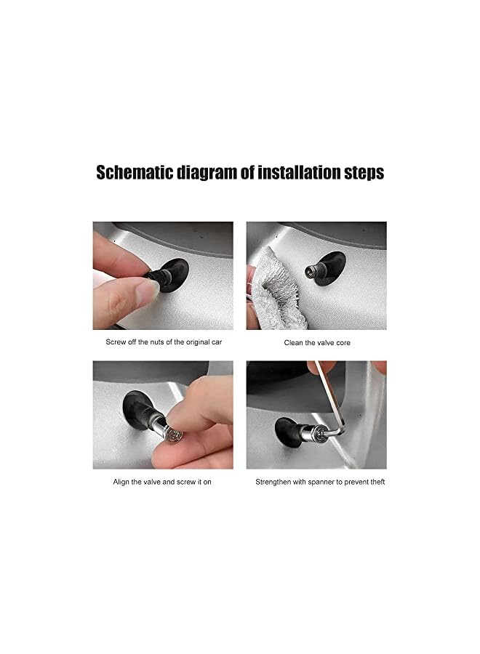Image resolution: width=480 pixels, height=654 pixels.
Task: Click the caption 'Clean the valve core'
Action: pyautogui.click(x=316, y=342)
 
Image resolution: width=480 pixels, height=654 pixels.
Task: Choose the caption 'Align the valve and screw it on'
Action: pyautogui.click(x=162, y=482)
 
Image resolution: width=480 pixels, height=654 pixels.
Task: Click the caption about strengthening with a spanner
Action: pyautogui.click(x=320, y=482)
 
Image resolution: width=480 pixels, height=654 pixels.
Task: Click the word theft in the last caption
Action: pyautogui.click(x=376, y=482)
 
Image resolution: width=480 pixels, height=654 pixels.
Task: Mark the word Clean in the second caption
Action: pyautogui.click(x=293, y=342)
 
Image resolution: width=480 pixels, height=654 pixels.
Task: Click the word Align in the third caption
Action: pyautogui.click(x=122, y=482)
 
